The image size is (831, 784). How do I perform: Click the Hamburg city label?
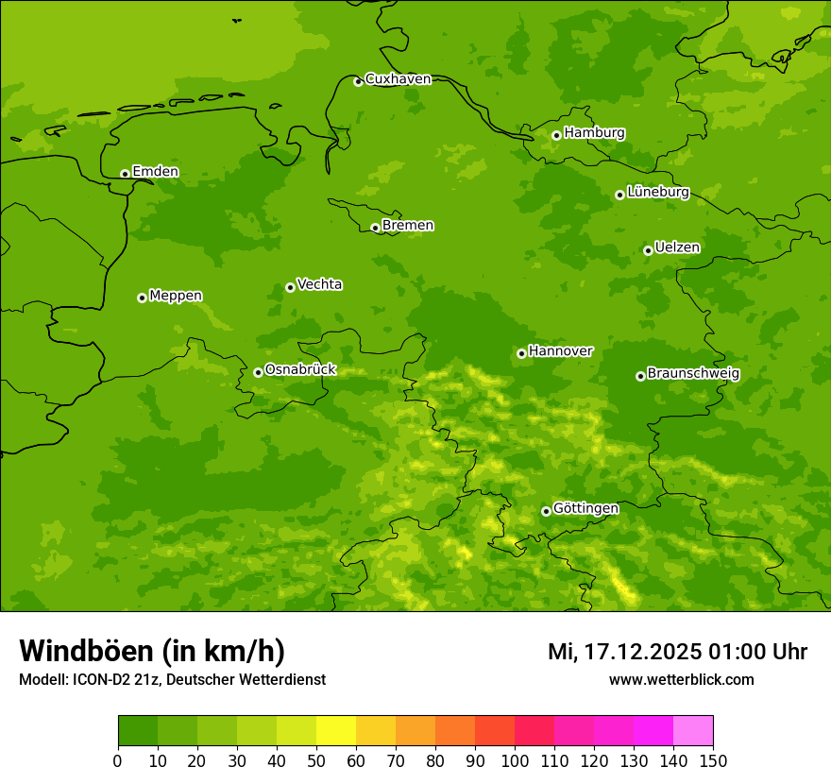pos(594,133)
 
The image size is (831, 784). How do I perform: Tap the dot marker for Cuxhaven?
pos(358,81)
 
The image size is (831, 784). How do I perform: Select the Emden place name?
pos(155,172)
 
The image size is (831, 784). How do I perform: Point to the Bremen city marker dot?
pos(375,228)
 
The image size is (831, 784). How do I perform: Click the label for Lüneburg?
pos(657,192)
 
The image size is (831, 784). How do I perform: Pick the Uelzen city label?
pos(677,247)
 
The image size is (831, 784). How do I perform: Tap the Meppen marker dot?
pos(142,298)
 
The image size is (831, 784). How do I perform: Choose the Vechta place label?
pos(319,284)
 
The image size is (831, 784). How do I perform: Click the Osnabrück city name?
pos(300,369)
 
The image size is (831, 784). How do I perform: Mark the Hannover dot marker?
pos(521,353)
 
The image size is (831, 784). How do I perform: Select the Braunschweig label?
pos(693,373)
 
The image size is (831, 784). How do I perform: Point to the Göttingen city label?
pos(585,508)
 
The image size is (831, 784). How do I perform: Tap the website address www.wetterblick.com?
pos(681,680)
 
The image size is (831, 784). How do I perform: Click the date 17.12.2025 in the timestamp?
pos(642,652)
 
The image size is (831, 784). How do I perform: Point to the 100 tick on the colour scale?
pos(515,760)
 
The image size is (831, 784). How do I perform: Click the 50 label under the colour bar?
pos(316,760)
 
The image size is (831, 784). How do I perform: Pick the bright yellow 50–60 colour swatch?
pos(336,731)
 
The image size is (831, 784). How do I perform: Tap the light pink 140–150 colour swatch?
pos(693,731)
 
